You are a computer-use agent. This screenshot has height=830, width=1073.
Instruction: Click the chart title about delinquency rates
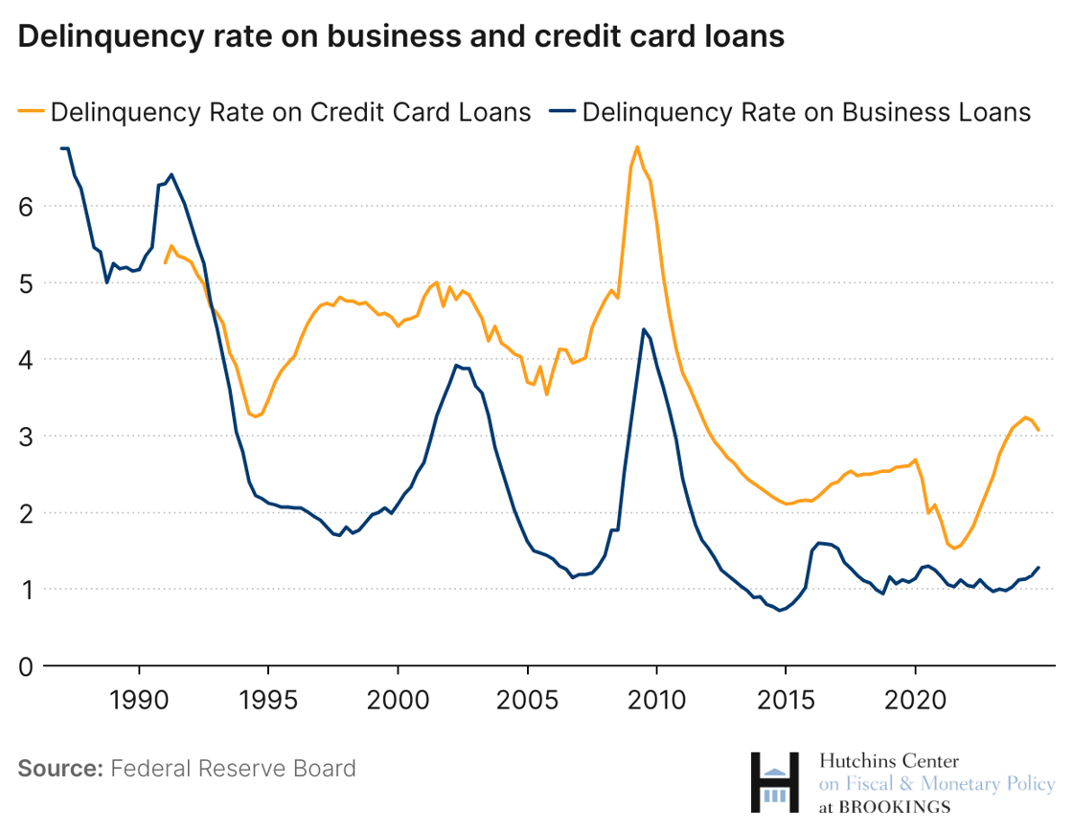point(401,35)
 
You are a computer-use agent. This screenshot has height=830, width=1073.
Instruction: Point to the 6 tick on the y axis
point(27,207)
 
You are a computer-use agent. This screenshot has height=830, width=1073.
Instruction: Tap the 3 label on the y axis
point(27,437)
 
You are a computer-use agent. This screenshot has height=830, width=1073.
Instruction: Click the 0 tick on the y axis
point(27,666)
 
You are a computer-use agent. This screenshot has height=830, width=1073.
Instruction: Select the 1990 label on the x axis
point(139,700)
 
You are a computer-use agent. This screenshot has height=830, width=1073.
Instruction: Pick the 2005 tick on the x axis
point(527,700)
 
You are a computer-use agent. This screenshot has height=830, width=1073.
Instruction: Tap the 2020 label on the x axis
point(915,700)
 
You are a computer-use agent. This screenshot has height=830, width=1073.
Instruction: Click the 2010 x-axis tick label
point(656,700)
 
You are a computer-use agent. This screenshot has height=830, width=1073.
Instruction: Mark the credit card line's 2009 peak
point(637,146)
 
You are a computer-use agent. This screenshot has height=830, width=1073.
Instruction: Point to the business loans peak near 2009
point(644,328)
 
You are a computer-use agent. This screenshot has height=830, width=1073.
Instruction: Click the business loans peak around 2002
point(457,365)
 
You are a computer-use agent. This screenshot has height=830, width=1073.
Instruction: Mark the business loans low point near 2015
point(780,611)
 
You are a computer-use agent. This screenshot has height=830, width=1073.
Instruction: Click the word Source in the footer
point(59,769)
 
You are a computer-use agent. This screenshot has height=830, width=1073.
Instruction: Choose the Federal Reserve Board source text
point(233,769)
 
